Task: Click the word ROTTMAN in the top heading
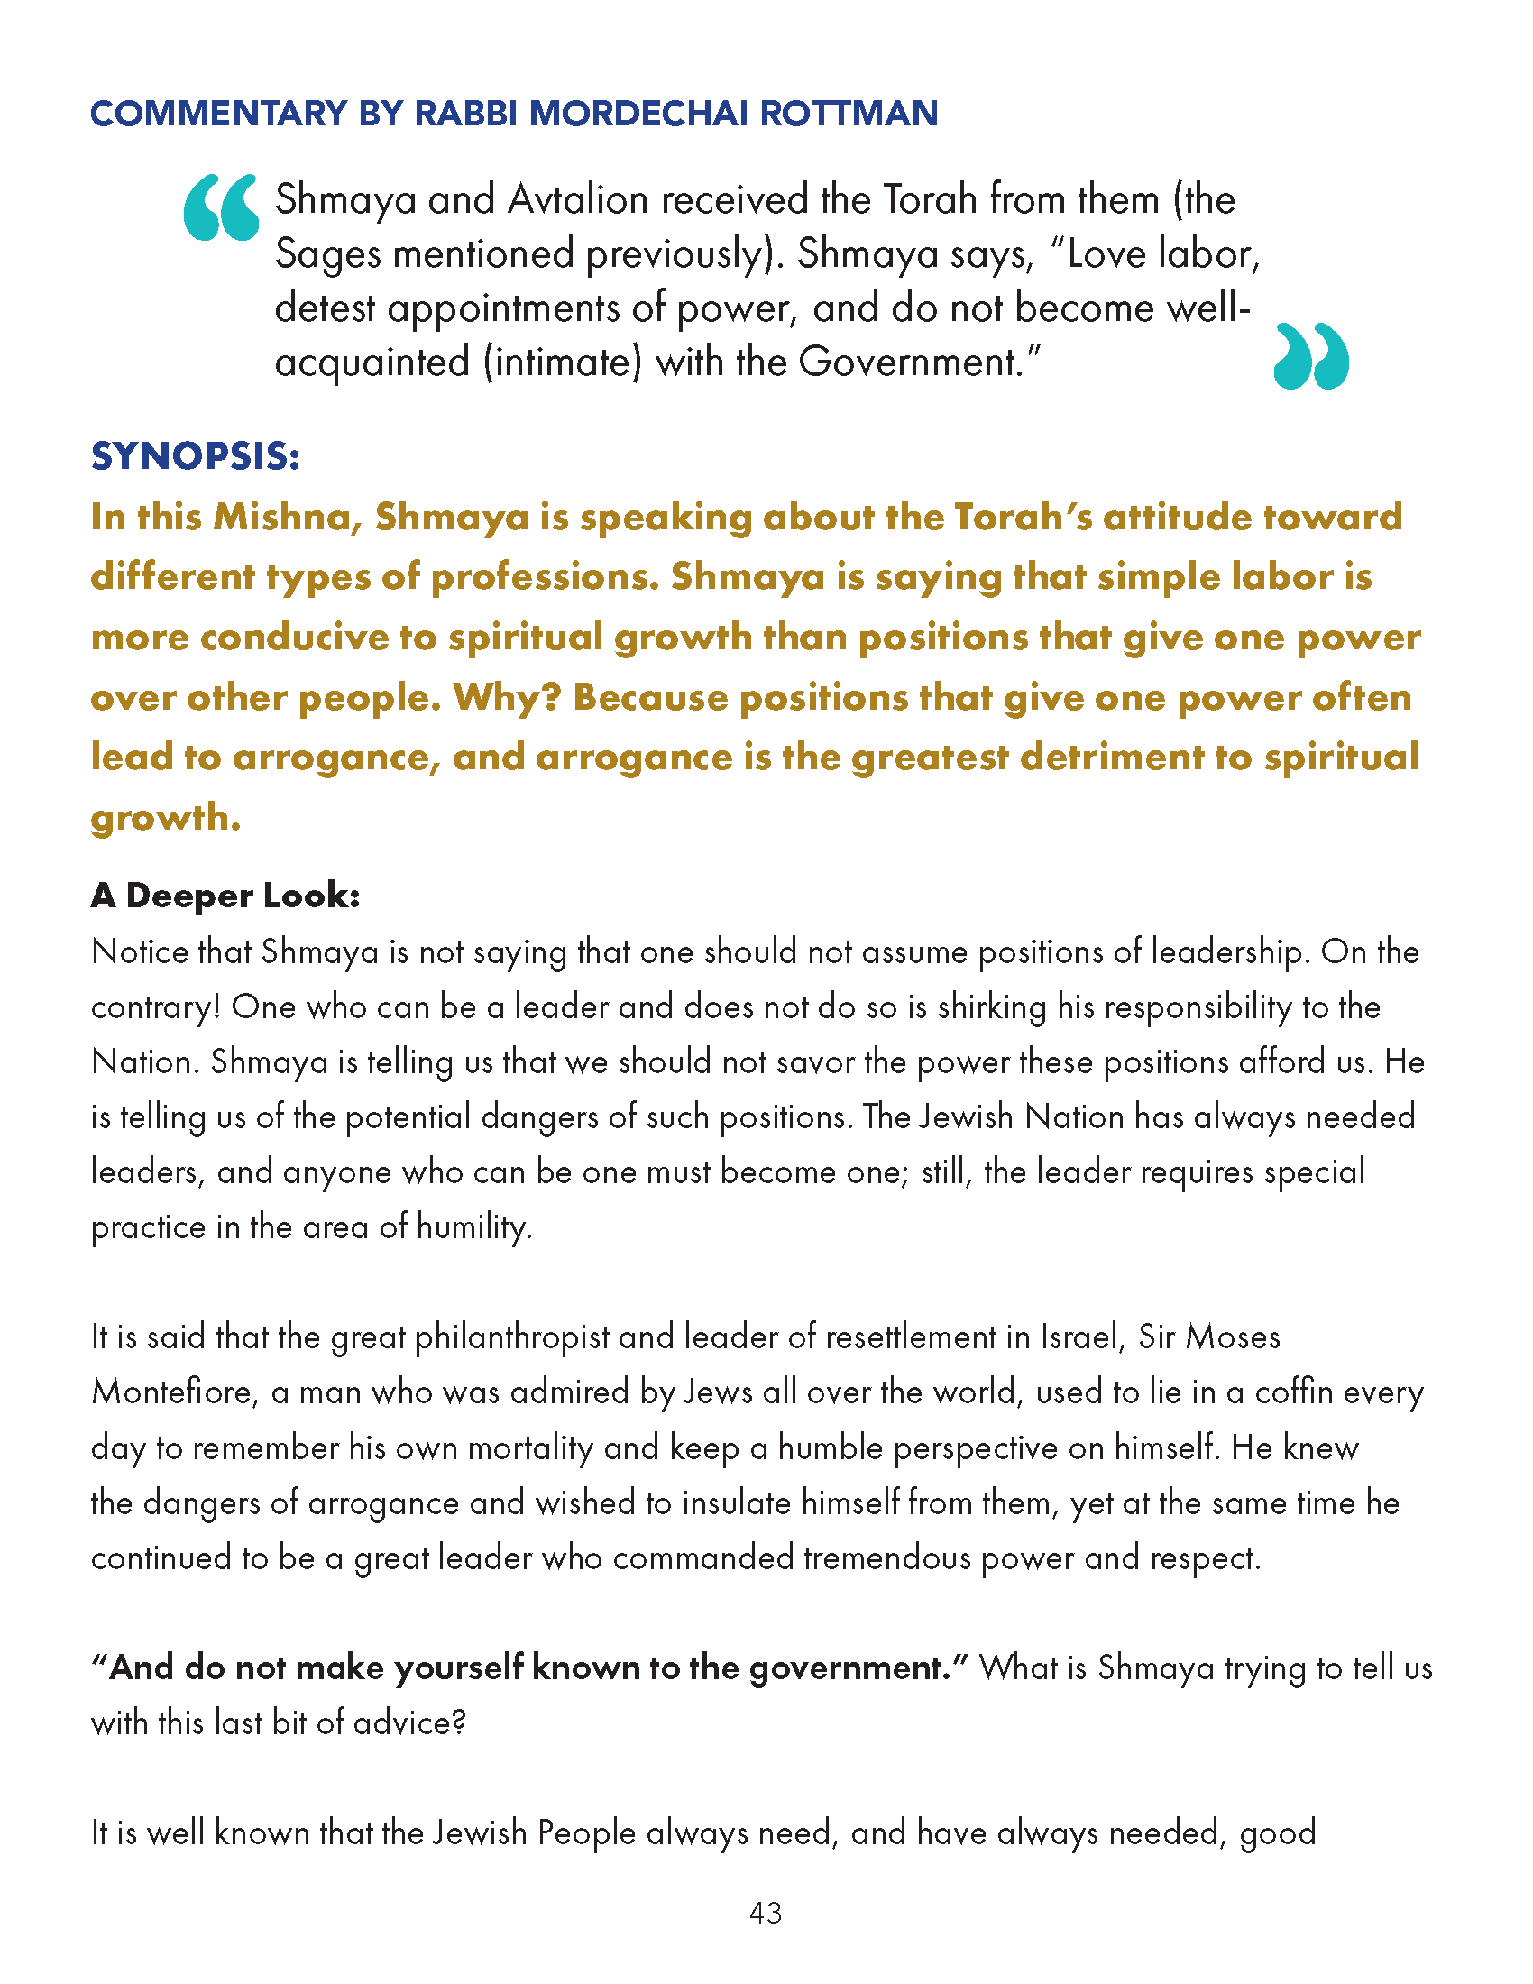click(849, 114)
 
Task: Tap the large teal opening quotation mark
click(221, 208)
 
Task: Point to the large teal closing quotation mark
click(1311, 356)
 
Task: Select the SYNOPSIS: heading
click(196, 456)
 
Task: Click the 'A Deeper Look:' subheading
click(225, 896)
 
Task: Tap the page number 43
click(766, 1913)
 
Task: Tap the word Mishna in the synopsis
click(287, 517)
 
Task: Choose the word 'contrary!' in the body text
click(155, 1007)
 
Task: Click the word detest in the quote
click(326, 308)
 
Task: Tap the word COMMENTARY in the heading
click(218, 114)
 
